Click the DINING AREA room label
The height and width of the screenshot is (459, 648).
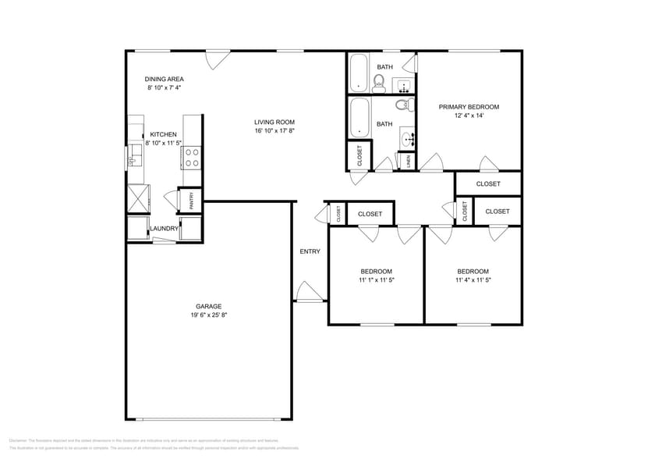pyautogui.click(x=164, y=79)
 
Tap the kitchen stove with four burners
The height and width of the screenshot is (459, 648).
pyautogui.click(x=192, y=158)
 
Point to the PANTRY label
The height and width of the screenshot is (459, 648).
pyautogui.click(x=190, y=200)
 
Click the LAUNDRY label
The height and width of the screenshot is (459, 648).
pyautogui.click(x=165, y=229)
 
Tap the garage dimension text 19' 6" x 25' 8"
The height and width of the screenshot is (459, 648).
pyautogui.click(x=208, y=315)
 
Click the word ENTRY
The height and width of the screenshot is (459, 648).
pyautogui.click(x=310, y=251)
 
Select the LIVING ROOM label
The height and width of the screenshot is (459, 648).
pyautogui.click(x=274, y=122)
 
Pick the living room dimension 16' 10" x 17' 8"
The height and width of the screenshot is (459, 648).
pyautogui.click(x=274, y=131)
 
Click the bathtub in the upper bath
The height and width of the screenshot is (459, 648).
pyautogui.click(x=359, y=73)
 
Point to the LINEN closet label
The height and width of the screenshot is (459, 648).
pyautogui.click(x=408, y=162)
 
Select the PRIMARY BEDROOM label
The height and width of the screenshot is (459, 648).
pyautogui.click(x=469, y=107)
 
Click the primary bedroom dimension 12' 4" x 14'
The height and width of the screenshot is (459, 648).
pyautogui.click(x=469, y=116)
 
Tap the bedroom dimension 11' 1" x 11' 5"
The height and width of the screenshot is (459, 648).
pyautogui.click(x=377, y=279)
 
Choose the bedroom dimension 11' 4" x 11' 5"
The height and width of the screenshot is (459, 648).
pyautogui.click(x=473, y=279)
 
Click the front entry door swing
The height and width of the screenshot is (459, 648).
pyautogui.click(x=306, y=292)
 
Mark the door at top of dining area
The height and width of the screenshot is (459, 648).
pyautogui.click(x=218, y=59)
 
